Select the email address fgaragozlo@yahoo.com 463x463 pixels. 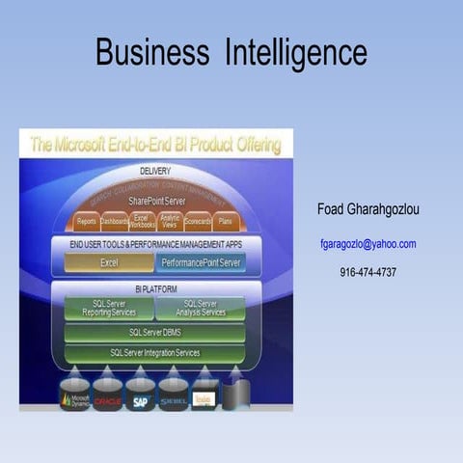click(x=368, y=244)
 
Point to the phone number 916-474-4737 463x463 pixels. click(x=368, y=272)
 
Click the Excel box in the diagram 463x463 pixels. click(x=108, y=262)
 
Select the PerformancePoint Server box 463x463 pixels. click(x=202, y=262)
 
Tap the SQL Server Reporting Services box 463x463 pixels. click(x=108, y=308)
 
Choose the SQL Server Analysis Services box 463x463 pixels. click(x=200, y=308)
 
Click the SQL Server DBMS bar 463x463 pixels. click(x=154, y=333)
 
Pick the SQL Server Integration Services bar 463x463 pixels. click(x=154, y=352)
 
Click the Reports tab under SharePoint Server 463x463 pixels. click(x=86, y=221)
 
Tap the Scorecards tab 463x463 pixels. click(x=198, y=221)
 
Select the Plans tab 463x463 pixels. click(x=225, y=221)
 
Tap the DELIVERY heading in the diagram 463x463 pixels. click(x=154, y=171)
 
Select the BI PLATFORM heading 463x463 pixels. click(x=154, y=288)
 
